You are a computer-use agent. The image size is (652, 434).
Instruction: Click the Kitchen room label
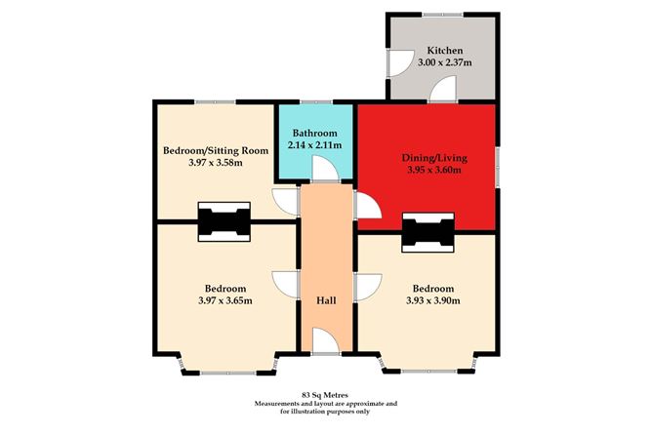pyautogui.click(x=445, y=51)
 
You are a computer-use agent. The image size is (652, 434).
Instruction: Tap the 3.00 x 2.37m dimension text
pyautogui.click(x=444, y=63)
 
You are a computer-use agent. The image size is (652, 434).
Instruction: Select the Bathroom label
pyautogui.click(x=314, y=134)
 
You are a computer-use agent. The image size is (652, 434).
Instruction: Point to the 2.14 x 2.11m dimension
pyautogui.click(x=314, y=145)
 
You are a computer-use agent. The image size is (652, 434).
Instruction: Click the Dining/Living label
pyautogui.click(x=434, y=158)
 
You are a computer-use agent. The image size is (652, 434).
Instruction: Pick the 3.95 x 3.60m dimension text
pyautogui.click(x=434, y=170)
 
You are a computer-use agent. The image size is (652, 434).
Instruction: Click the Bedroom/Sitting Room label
pyautogui.click(x=216, y=150)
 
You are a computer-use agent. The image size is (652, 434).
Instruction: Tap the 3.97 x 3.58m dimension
pyautogui.click(x=216, y=163)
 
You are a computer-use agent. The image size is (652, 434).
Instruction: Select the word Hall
pyautogui.click(x=326, y=300)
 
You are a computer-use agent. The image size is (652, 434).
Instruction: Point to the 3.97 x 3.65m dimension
pyautogui.click(x=225, y=300)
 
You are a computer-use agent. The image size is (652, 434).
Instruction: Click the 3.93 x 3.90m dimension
pyautogui.click(x=432, y=300)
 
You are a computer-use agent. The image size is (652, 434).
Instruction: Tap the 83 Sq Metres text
pyautogui.click(x=325, y=395)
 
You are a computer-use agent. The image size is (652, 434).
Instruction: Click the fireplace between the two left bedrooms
pyautogui.click(x=224, y=221)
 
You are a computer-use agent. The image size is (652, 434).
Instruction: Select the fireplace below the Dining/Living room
pyautogui.click(x=428, y=232)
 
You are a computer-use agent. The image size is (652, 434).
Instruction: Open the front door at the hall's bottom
pyautogui.click(x=326, y=341)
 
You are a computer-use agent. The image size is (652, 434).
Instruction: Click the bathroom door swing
pyautogui.click(x=326, y=170)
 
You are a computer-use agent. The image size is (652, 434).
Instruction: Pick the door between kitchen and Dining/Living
pyautogui.click(x=443, y=89)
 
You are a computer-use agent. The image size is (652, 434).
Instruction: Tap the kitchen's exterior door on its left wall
pyautogui.click(x=401, y=63)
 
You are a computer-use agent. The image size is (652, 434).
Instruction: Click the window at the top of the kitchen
pyautogui.click(x=442, y=15)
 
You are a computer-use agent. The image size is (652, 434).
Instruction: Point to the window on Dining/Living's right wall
pyautogui.click(x=498, y=166)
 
